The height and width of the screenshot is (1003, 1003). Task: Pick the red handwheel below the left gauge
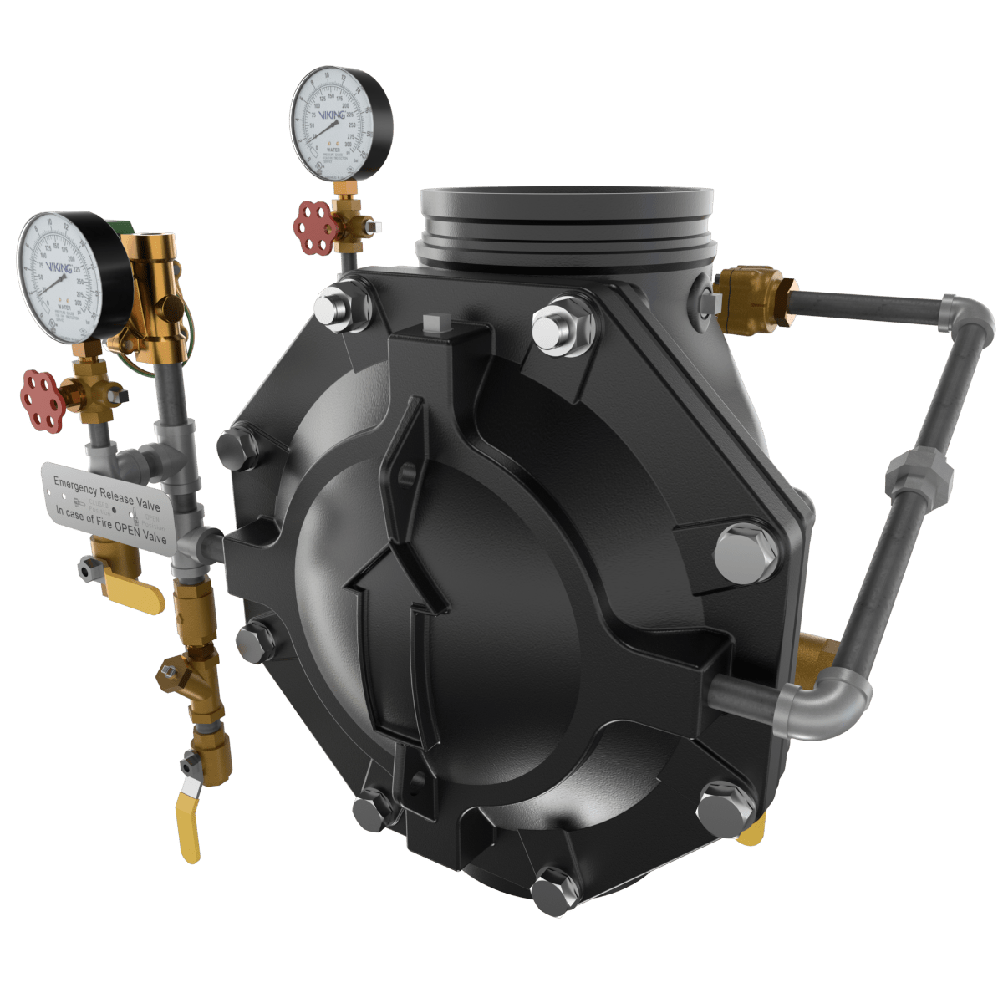tap(41, 400)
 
